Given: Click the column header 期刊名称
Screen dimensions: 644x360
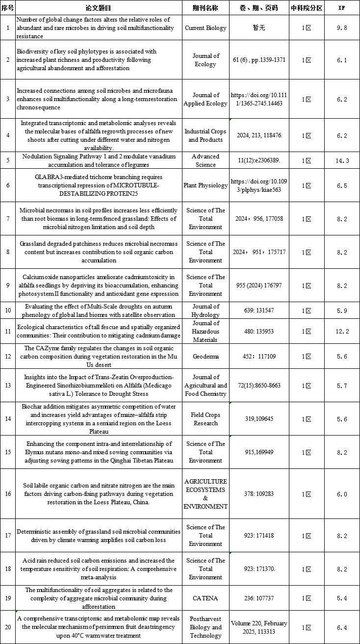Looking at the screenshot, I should tap(206, 8).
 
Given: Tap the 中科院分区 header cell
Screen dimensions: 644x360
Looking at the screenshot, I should tap(306, 8).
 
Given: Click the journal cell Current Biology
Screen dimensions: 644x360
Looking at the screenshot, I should tap(206, 28).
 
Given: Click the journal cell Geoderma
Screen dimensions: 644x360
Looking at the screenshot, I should tap(206, 357).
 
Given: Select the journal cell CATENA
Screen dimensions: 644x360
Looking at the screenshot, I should tap(206, 598).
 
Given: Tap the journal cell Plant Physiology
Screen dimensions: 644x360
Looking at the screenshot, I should tap(206, 185).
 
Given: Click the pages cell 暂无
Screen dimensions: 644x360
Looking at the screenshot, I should tap(258, 28).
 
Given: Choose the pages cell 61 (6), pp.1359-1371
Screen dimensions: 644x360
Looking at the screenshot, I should tap(258, 60).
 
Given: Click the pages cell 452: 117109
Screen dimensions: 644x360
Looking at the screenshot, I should tap(258, 357).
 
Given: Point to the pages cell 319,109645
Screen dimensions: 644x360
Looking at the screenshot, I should tap(258, 419).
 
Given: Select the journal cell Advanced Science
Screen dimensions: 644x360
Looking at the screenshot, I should tap(206, 160).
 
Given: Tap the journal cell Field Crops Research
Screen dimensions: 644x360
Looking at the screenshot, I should tap(206, 419).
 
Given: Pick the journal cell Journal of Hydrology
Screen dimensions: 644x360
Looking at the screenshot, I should tap(206, 310).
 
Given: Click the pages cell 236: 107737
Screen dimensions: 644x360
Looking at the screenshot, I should tap(258, 598).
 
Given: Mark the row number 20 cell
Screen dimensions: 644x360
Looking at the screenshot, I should tap(8, 627).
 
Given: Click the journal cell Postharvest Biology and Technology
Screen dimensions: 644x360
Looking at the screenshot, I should tap(206, 627).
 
